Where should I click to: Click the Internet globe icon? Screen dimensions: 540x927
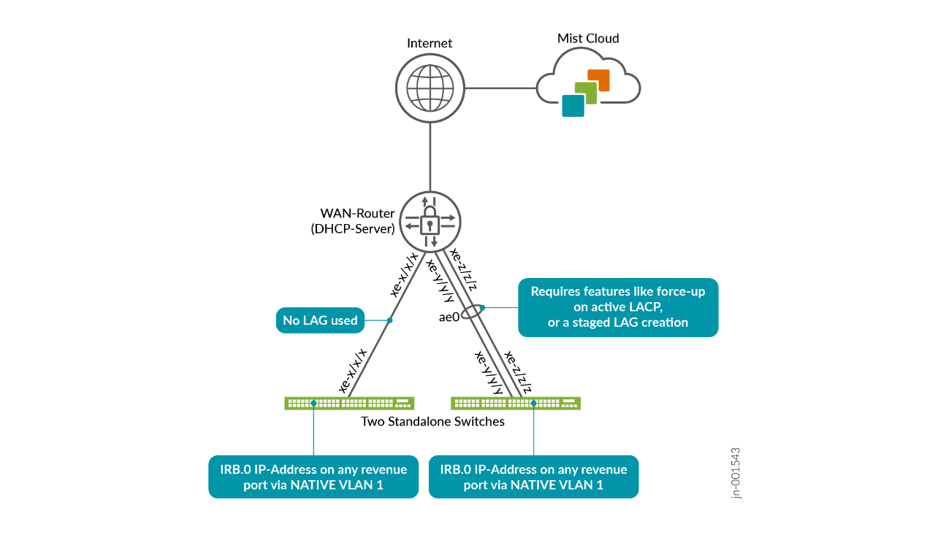click(430, 88)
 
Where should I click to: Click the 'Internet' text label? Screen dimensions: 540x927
click(430, 43)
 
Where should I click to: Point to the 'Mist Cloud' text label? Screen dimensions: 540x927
click(588, 38)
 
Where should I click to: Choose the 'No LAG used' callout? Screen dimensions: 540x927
click(320, 320)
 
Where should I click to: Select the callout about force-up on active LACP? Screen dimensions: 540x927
click(617, 307)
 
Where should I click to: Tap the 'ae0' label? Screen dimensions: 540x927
click(449, 317)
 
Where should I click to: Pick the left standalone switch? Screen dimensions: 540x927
click(349, 403)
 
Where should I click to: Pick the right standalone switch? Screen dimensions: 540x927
click(516, 403)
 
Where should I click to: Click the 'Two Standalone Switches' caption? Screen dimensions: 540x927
click(432, 422)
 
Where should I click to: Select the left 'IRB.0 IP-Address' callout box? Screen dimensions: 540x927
click(313, 477)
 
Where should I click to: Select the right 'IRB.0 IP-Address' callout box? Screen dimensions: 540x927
click(533, 477)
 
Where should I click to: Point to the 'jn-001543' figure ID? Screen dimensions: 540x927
click(736, 473)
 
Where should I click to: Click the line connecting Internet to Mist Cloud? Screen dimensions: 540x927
click(500, 88)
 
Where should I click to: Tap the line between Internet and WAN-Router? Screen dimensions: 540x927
click(430, 157)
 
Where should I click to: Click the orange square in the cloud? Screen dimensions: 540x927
click(598, 80)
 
